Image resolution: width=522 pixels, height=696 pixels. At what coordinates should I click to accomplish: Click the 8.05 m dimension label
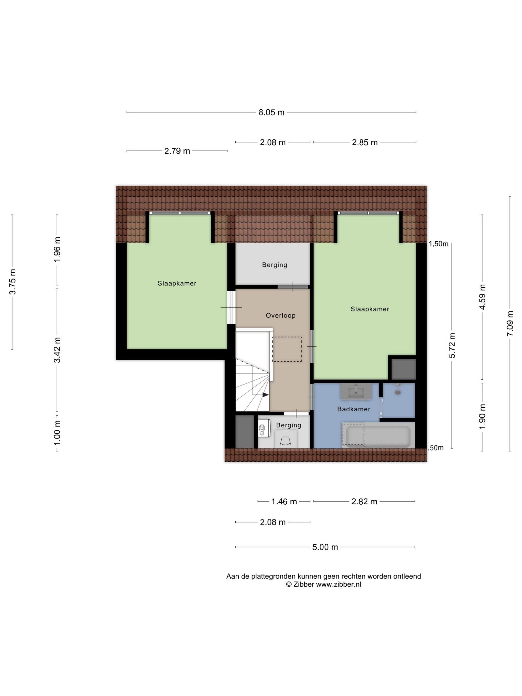(x=268, y=111)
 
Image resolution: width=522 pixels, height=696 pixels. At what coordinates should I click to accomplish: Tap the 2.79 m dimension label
(x=175, y=149)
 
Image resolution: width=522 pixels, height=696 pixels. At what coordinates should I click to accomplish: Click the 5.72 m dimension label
(x=446, y=341)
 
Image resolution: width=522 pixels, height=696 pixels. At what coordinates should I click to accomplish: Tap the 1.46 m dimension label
(x=280, y=495)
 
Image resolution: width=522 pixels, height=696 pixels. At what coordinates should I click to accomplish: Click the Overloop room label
(x=277, y=311)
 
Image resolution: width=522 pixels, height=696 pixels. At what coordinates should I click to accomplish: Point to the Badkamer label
(x=349, y=404)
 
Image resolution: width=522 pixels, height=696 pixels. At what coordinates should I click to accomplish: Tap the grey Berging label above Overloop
(x=271, y=261)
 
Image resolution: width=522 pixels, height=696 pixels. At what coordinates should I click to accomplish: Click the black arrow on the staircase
(x=262, y=390)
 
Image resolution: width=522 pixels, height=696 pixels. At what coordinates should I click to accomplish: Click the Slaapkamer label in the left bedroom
(x=175, y=280)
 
